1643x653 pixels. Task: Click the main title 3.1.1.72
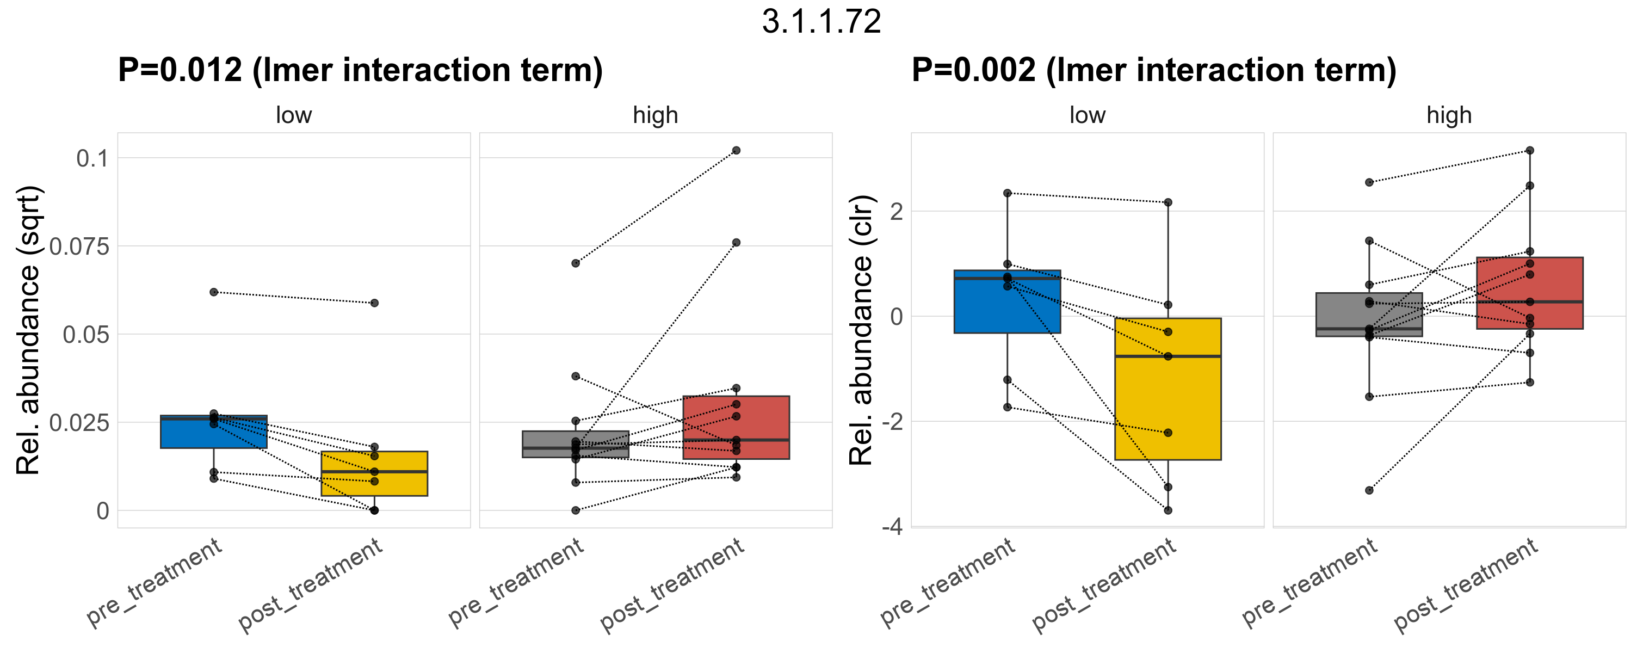(821, 22)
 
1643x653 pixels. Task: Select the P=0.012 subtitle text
(360, 70)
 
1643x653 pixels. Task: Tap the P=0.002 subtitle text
(1154, 70)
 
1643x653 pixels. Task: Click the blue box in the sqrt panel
(214, 434)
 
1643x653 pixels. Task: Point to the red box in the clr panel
(1529, 293)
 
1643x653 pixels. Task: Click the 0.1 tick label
(92, 159)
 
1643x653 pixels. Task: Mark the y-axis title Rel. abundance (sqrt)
(29, 330)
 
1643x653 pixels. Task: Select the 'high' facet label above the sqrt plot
(655, 115)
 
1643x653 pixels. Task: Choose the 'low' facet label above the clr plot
(1087, 115)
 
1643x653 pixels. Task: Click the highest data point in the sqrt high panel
(736, 151)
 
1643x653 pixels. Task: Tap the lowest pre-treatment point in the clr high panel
(1369, 490)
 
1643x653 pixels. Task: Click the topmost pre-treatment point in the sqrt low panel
(214, 292)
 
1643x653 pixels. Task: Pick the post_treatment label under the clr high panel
(1466, 586)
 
